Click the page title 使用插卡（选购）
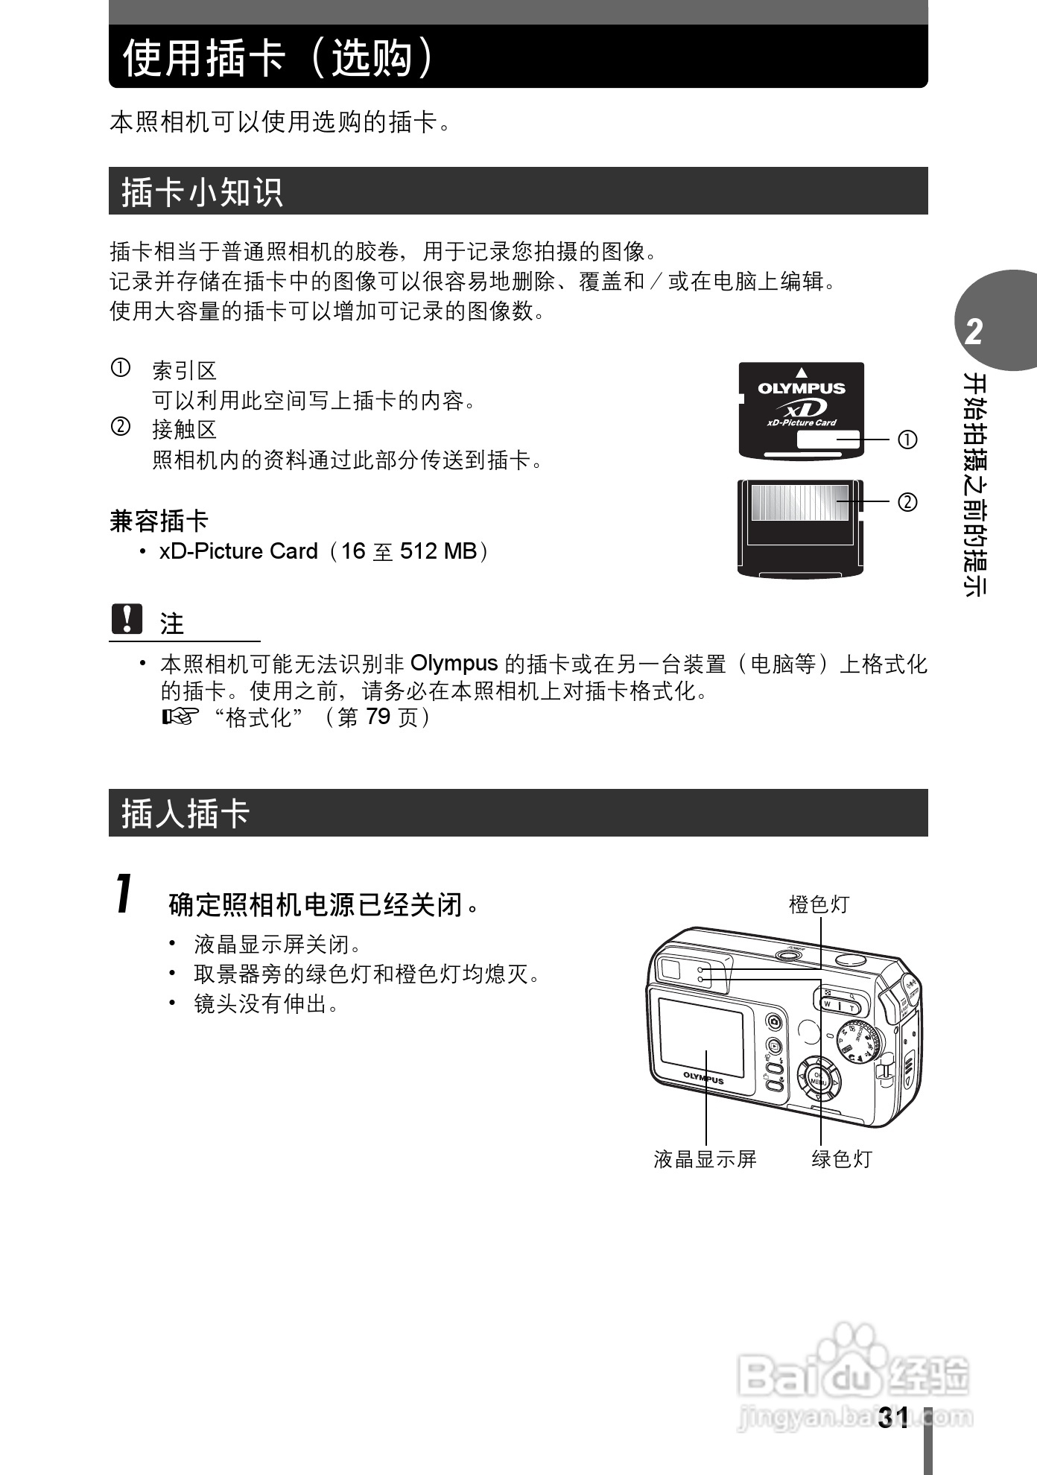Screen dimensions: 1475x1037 pos(278,57)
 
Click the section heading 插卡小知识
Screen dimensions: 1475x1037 pos(202,191)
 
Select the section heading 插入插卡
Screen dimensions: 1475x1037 pos(185,813)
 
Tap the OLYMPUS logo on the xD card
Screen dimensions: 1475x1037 pos(802,388)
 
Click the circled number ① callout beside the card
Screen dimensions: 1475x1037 pos(907,440)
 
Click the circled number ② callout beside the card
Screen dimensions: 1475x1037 pos(907,503)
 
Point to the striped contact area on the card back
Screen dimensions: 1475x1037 pos(799,503)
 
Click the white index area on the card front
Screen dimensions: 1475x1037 pos(828,440)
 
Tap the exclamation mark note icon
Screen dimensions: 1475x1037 pos(127,619)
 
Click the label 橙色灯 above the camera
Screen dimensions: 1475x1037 pos(819,904)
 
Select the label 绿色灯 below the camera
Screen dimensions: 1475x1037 pos(841,1158)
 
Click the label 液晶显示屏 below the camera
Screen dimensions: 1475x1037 pos(705,1158)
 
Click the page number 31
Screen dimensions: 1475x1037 pos(892,1417)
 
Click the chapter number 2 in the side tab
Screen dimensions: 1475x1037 pos(974,332)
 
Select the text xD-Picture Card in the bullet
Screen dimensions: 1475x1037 pos(238,551)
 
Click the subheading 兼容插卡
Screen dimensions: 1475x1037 pos(159,521)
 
